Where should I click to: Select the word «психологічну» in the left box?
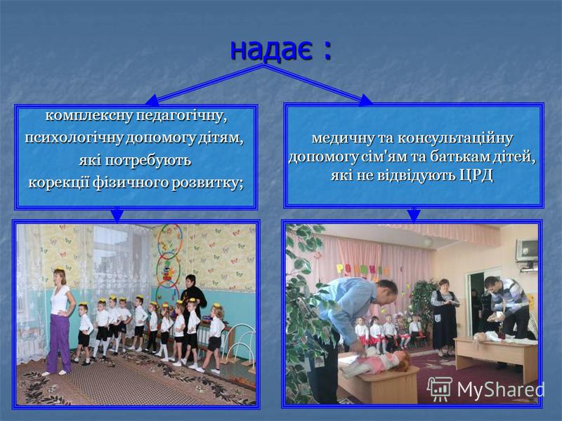pyautogui.click(x=74, y=138)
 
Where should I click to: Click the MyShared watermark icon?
pyautogui.click(x=440, y=389)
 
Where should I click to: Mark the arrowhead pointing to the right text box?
pyautogui.click(x=365, y=100)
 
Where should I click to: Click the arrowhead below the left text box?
pyautogui.click(x=117, y=216)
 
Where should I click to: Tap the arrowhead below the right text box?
pyautogui.click(x=414, y=215)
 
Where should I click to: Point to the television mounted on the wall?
pyautogui.click(x=526, y=250)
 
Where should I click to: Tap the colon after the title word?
pyautogui.click(x=326, y=51)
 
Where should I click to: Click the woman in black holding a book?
pyautogui.click(x=444, y=314)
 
